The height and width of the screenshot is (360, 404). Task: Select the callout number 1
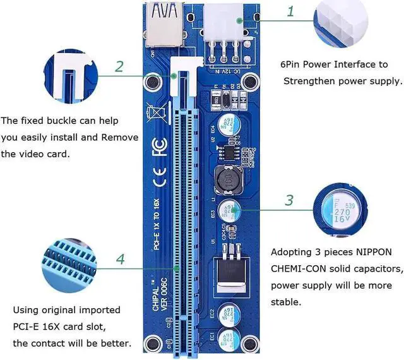[290, 11]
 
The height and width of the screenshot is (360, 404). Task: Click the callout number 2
[119, 66]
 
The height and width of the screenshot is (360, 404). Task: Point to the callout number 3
[289, 200]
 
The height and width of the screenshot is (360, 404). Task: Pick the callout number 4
[119, 259]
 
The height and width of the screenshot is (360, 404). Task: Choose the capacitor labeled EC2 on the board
[228, 313]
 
